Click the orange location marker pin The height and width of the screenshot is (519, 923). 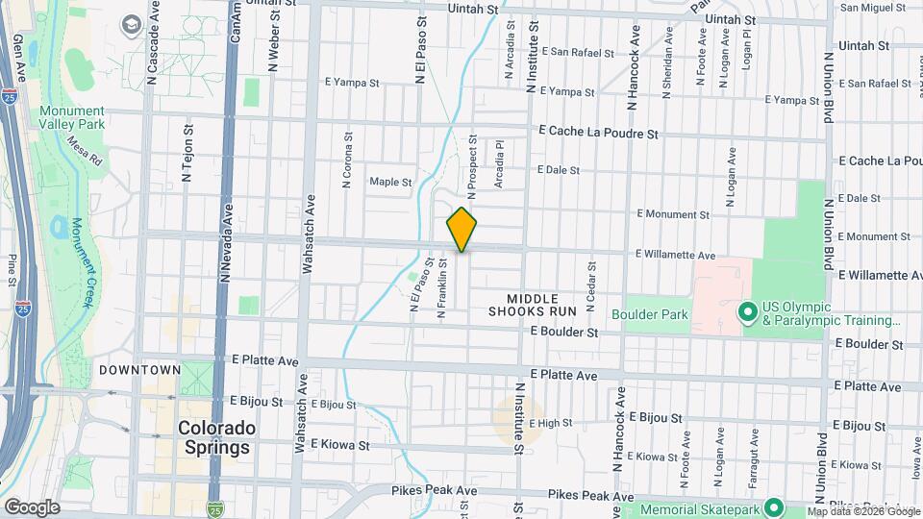[x=461, y=229]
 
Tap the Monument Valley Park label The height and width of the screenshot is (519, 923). [x=72, y=117]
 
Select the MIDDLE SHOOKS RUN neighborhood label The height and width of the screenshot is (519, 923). [x=532, y=304]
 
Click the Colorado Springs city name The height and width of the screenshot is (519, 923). [x=216, y=437]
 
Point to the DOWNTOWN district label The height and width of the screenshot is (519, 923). [x=139, y=370]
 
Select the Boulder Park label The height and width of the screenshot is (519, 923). [x=649, y=313]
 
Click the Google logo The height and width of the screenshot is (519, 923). [x=32, y=507]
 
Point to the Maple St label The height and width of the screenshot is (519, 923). [x=390, y=182]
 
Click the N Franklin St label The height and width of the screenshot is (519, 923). [x=443, y=287]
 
